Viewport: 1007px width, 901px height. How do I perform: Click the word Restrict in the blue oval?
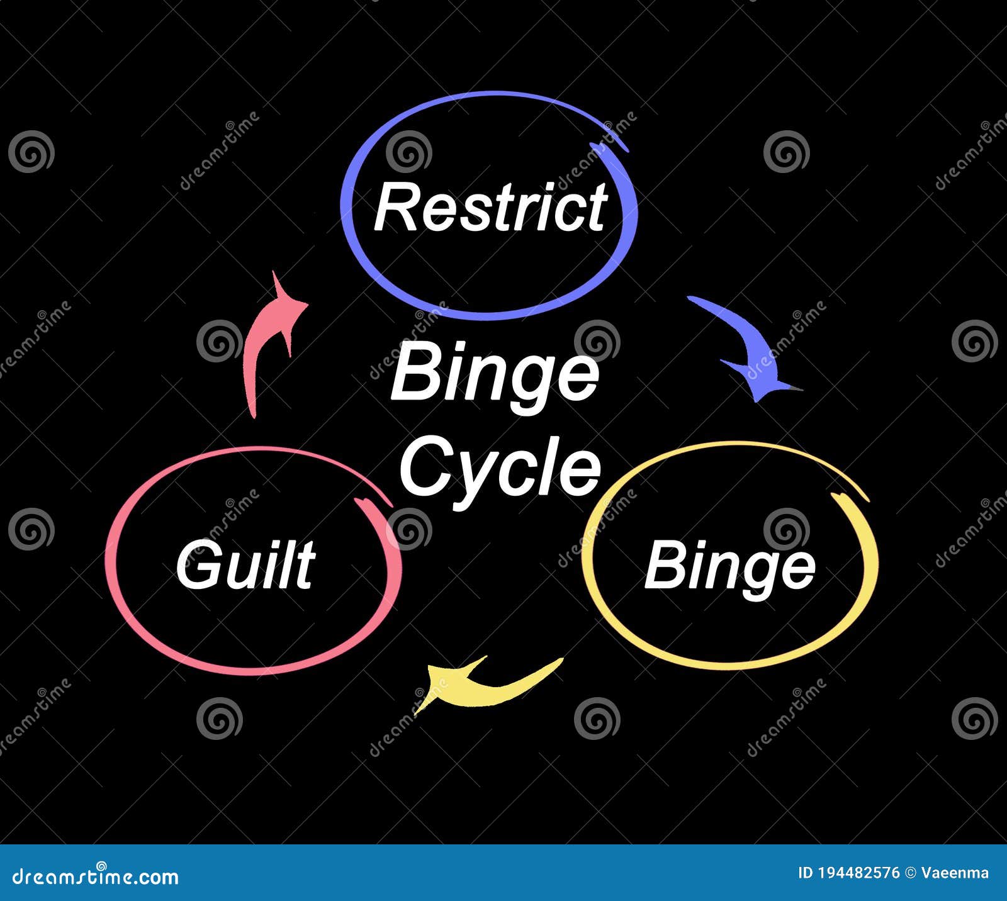click(490, 208)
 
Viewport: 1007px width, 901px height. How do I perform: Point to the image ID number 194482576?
click(859, 873)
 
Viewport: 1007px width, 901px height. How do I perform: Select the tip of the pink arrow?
click(275, 274)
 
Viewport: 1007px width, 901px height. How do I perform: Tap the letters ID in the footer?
click(806, 873)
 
